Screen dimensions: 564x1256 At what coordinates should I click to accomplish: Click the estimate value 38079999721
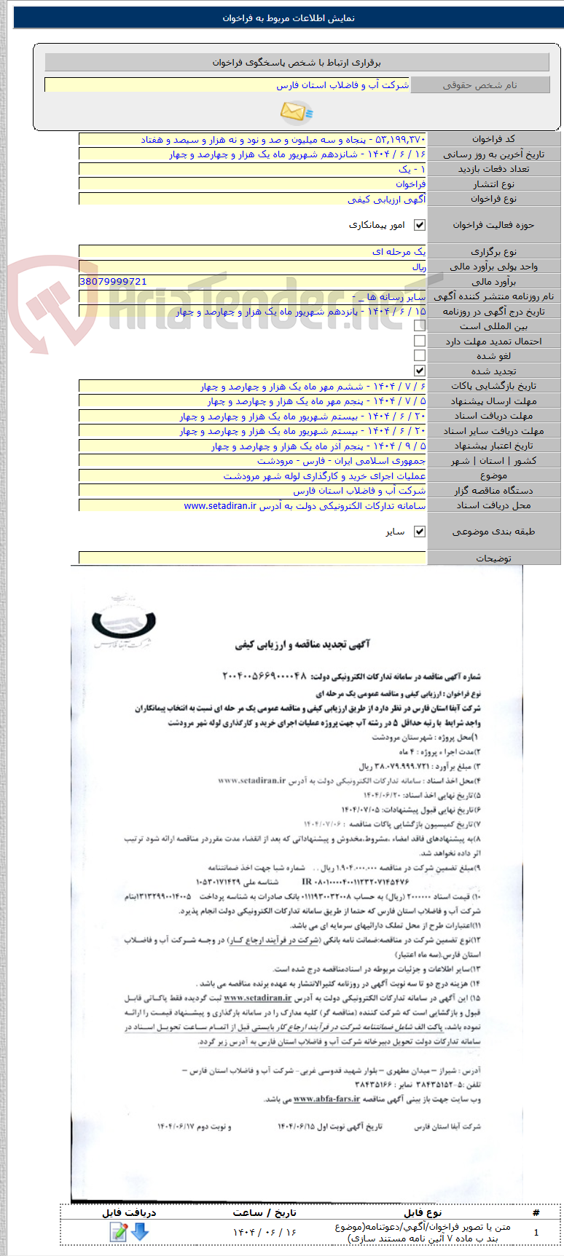113,282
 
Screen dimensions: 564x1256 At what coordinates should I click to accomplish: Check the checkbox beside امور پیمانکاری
420,226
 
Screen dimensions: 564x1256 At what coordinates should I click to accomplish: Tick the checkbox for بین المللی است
420,326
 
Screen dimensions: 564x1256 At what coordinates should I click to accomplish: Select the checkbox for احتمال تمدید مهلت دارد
420,341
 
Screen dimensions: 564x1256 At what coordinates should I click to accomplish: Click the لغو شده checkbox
420,356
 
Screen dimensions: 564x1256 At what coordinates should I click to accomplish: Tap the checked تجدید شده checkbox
420,371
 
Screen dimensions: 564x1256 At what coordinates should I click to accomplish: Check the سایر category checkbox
420,532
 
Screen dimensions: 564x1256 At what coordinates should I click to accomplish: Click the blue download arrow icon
140,1231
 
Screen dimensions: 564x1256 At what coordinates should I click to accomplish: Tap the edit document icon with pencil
119,1231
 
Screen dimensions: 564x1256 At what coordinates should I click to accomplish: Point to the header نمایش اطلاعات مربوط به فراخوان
289,18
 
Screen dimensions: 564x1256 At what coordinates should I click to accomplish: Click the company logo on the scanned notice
124,623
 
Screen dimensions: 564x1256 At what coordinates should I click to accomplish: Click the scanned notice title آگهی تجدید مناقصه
302,644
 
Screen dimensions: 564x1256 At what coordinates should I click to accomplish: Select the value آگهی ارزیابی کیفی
386,199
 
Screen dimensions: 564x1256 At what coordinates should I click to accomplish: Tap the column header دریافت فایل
129,1212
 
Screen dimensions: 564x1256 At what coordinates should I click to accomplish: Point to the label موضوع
493,476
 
